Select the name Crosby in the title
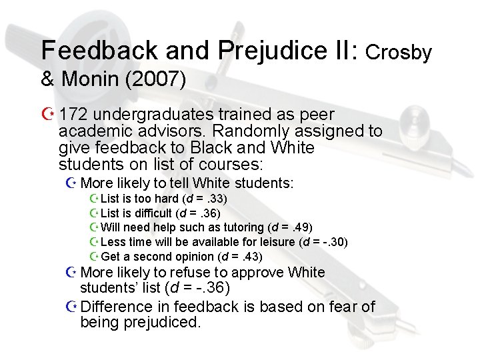[399, 51]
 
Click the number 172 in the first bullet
[73, 115]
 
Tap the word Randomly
[221, 131]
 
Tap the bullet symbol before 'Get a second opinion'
[93, 257]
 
